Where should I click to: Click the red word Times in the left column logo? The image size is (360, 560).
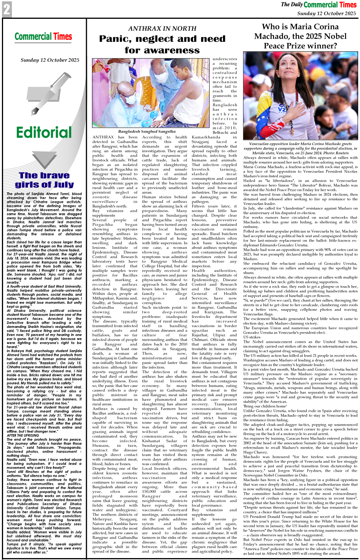point(63,37)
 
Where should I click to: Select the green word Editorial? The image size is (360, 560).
point(44,133)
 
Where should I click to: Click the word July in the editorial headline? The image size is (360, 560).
point(61,184)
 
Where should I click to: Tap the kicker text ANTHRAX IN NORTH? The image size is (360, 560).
point(162,28)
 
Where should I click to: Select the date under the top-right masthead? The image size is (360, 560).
point(326,13)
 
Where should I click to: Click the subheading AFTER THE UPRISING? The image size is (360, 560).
point(22,435)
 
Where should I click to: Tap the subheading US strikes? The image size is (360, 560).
point(252,337)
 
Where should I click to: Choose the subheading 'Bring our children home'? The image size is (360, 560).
point(264,406)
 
